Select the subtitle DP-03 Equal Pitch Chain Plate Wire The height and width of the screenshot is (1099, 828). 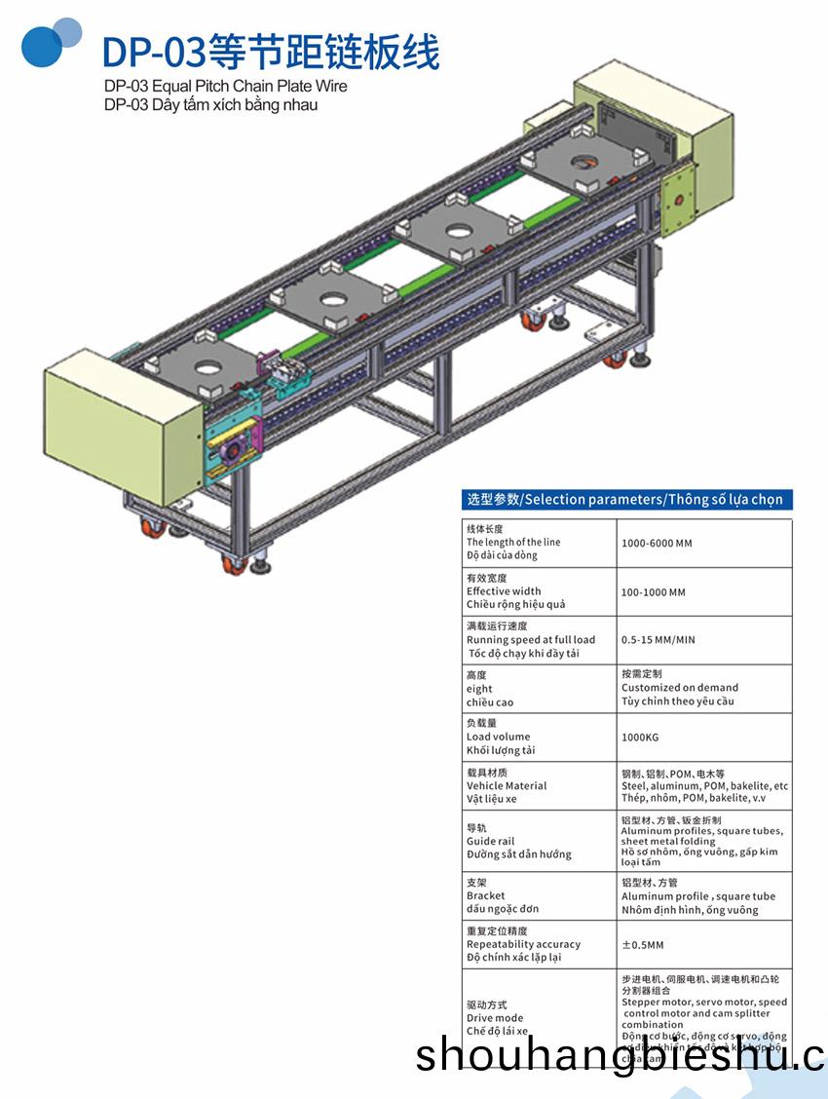[225, 86]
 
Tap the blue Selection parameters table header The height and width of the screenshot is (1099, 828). [624, 500]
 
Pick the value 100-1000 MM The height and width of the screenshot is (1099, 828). [654, 591]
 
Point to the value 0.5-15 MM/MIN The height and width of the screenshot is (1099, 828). [659, 640]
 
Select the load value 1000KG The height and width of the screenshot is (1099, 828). [641, 738]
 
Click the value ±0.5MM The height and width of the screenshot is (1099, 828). [643, 944]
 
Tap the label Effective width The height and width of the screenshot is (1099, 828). [504, 591]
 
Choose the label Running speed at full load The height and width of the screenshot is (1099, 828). [531, 640]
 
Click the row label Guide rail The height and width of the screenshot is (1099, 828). [490, 841]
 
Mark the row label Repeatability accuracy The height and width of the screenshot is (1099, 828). [523, 944]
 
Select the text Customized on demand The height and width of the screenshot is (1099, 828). [680, 688]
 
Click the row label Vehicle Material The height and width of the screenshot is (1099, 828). [507, 786]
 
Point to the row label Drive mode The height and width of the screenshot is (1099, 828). [495, 1018]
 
